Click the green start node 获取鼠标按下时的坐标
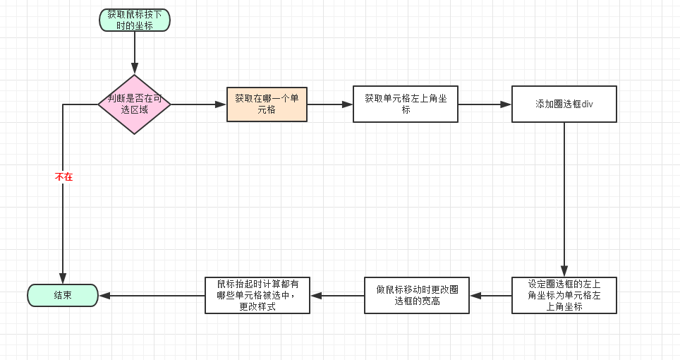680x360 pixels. pyautogui.click(x=134, y=20)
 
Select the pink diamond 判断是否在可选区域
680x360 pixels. pyautogui.click(x=134, y=104)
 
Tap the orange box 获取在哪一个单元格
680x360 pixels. pyautogui.click(x=267, y=104)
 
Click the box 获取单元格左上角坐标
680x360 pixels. pyautogui.click(x=405, y=104)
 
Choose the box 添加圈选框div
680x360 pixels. pyautogui.click(x=564, y=104)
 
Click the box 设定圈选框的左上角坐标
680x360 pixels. pyautogui.click(x=564, y=295)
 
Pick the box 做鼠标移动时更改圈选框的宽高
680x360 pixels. pyautogui.click(x=417, y=295)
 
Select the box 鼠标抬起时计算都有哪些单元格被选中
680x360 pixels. pyautogui.click(x=257, y=295)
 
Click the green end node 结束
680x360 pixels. pyautogui.click(x=62, y=295)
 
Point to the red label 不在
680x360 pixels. pyautogui.click(x=63, y=177)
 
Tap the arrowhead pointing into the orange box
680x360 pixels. pyautogui.click(x=220, y=104)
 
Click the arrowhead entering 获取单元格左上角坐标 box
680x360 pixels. pyautogui.click(x=347, y=104)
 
